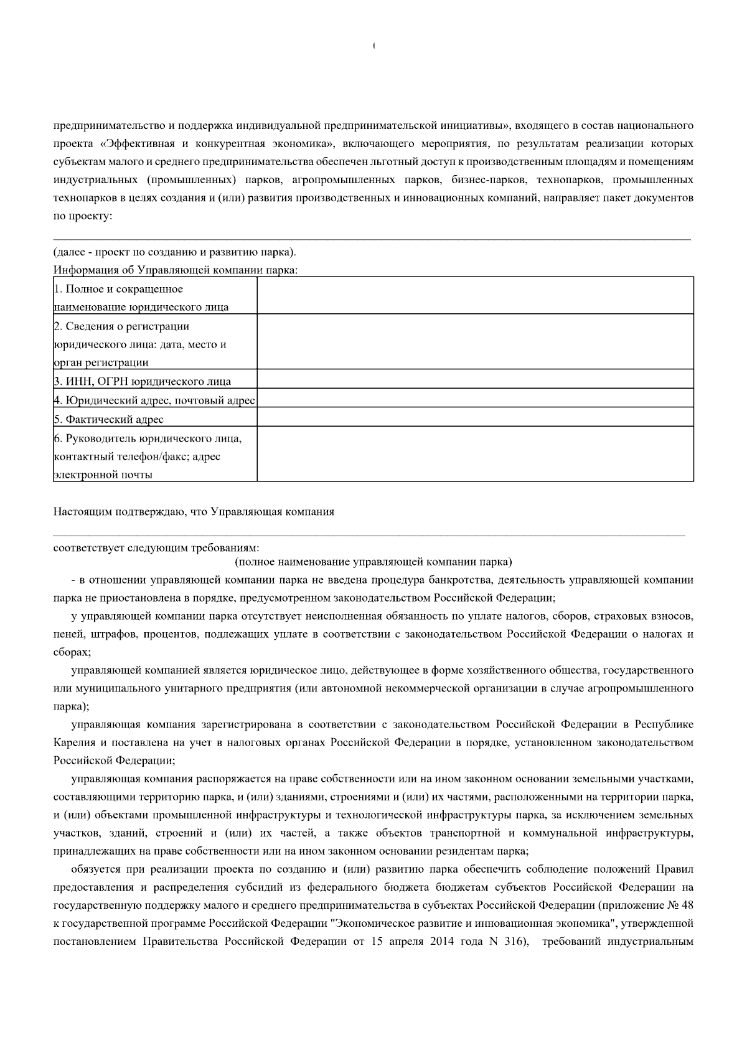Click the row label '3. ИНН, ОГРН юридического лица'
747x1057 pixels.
[x=143, y=382]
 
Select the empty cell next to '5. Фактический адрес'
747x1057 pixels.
[x=475, y=417]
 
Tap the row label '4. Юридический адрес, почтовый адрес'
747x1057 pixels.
[x=154, y=401]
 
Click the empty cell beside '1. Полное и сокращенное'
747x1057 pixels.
[x=475, y=295]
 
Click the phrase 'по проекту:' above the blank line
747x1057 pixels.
[x=82, y=217]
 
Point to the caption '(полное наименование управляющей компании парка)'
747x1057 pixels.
[x=374, y=562]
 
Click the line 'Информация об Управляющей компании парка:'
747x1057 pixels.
[x=176, y=270]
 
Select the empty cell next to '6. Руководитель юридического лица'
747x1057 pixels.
[x=475, y=453]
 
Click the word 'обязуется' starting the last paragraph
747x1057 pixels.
[x=93, y=868]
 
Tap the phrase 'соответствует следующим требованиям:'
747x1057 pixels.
[x=156, y=548]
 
